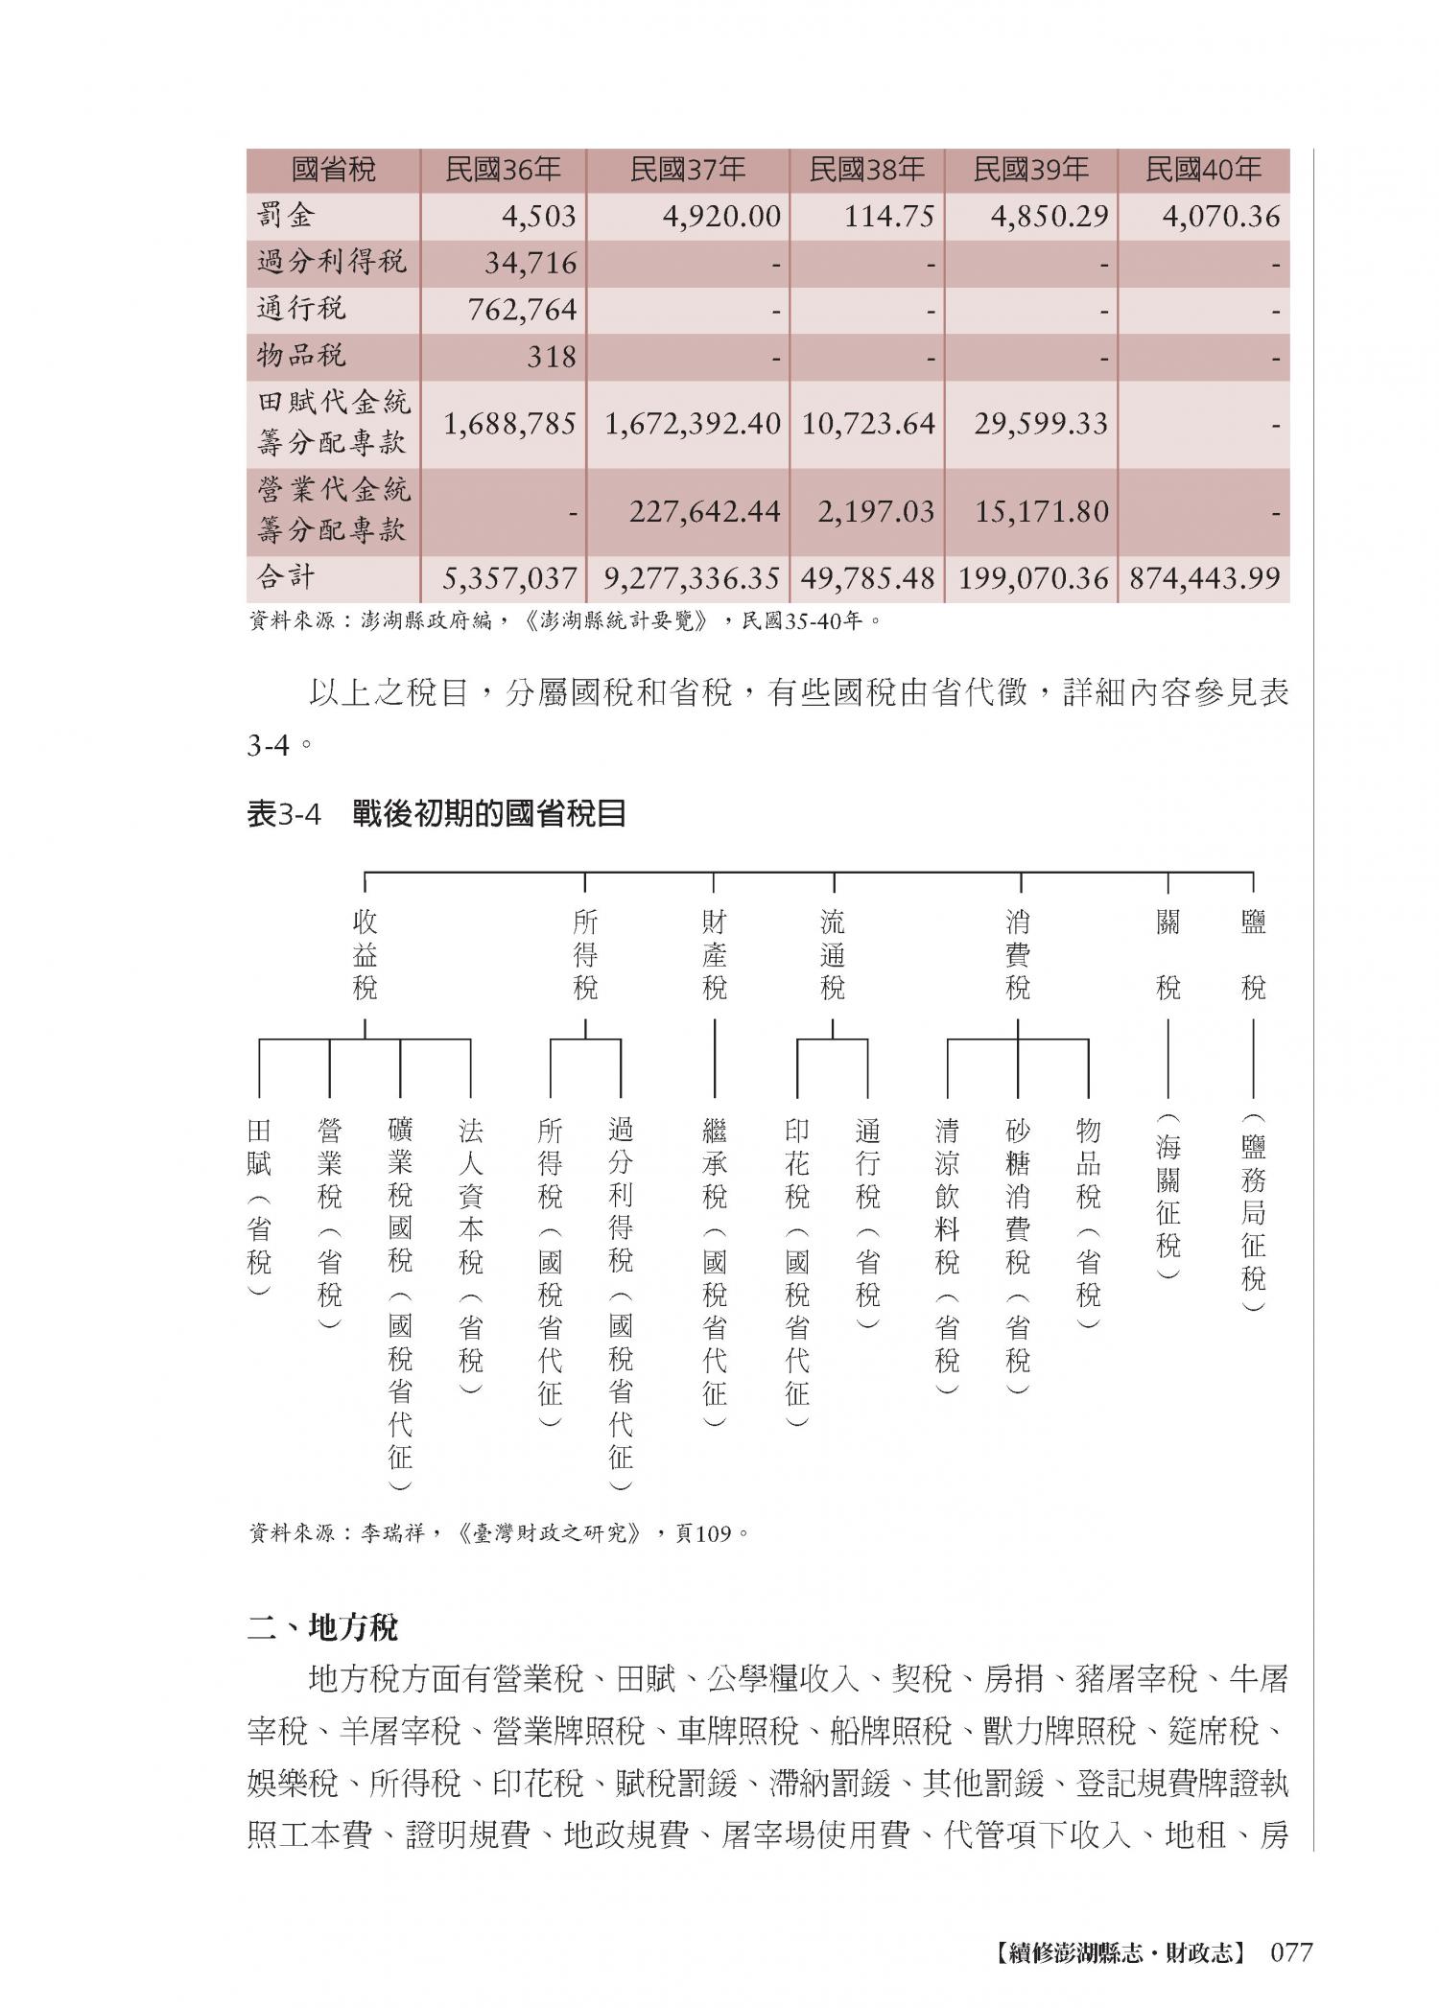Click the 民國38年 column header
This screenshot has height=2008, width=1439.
[x=866, y=171]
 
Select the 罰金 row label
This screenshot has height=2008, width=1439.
[x=286, y=216]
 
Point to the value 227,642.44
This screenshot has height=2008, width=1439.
[x=704, y=512]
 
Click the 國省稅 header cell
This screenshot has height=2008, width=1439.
[x=333, y=171]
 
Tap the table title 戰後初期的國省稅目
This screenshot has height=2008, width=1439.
[x=489, y=814]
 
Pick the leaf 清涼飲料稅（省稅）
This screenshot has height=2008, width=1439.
[x=947, y=1256]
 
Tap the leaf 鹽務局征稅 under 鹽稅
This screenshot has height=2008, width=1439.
[x=1253, y=1213]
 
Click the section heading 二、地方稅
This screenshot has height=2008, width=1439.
[x=322, y=1627]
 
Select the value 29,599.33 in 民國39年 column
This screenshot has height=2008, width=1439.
[x=1041, y=424]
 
